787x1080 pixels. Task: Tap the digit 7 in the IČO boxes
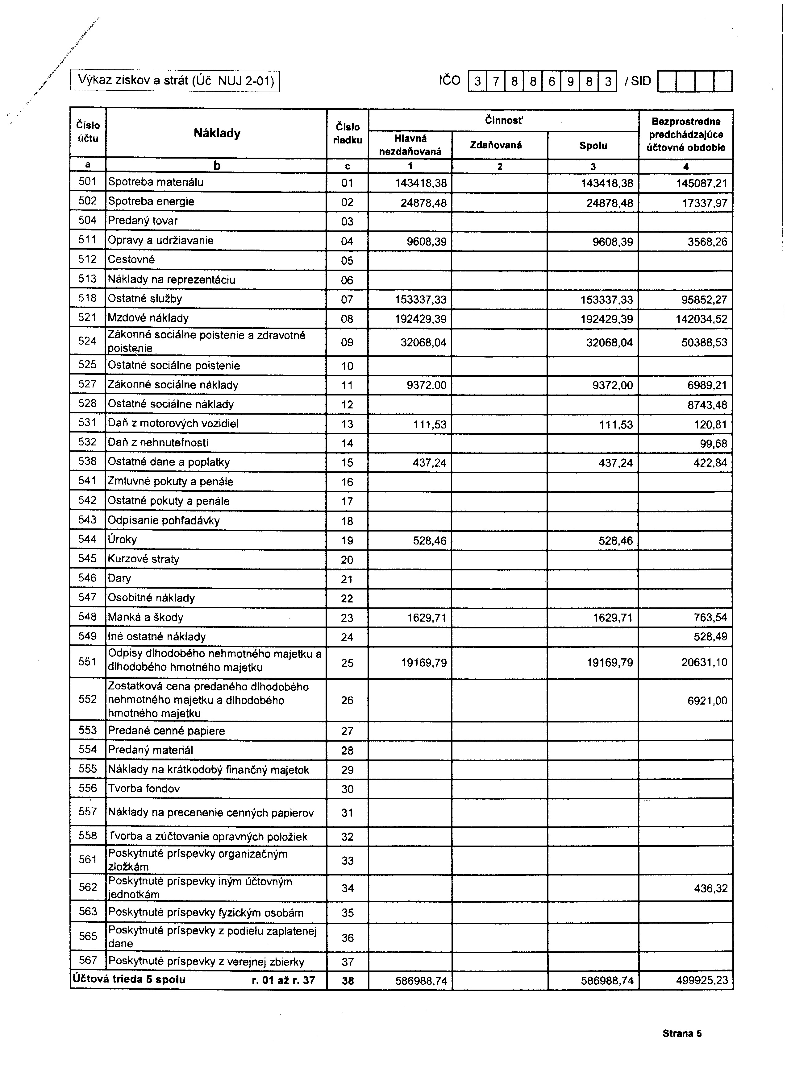[x=495, y=81]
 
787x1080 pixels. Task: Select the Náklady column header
[x=217, y=133]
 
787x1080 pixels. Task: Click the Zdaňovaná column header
[x=499, y=145]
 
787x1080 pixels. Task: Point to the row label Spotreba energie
[x=151, y=201]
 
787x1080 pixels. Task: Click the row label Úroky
[x=123, y=540]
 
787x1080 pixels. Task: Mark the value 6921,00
[x=707, y=701]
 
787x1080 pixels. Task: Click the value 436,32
[x=710, y=888]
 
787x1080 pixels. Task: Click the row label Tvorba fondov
[x=144, y=788]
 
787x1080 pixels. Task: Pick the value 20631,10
[x=704, y=662]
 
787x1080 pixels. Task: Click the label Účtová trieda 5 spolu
[x=129, y=979]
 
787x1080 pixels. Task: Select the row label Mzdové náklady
[x=148, y=318]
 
